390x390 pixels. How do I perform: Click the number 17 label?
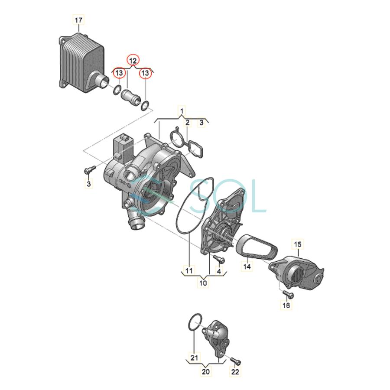[x=78, y=20]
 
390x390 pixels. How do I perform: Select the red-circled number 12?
[x=133, y=60]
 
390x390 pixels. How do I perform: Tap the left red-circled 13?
[x=119, y=73]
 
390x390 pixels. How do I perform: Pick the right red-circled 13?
[x=145, y=73]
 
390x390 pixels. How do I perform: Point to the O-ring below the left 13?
[x=117, y=90]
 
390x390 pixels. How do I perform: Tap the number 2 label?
[x=188, y=122]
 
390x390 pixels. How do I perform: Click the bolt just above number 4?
[x=219, y=259]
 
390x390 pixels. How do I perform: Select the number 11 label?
[x=189, y=270]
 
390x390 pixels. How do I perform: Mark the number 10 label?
[x=203, y=283]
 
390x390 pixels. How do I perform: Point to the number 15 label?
[x=298, y=244]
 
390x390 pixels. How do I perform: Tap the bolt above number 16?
[x=288, y=294]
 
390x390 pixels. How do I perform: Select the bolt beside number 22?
[x=235, y=361]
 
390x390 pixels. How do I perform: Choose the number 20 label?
[x=206, y=372]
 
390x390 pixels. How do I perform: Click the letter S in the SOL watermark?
[x=202, y=196]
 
